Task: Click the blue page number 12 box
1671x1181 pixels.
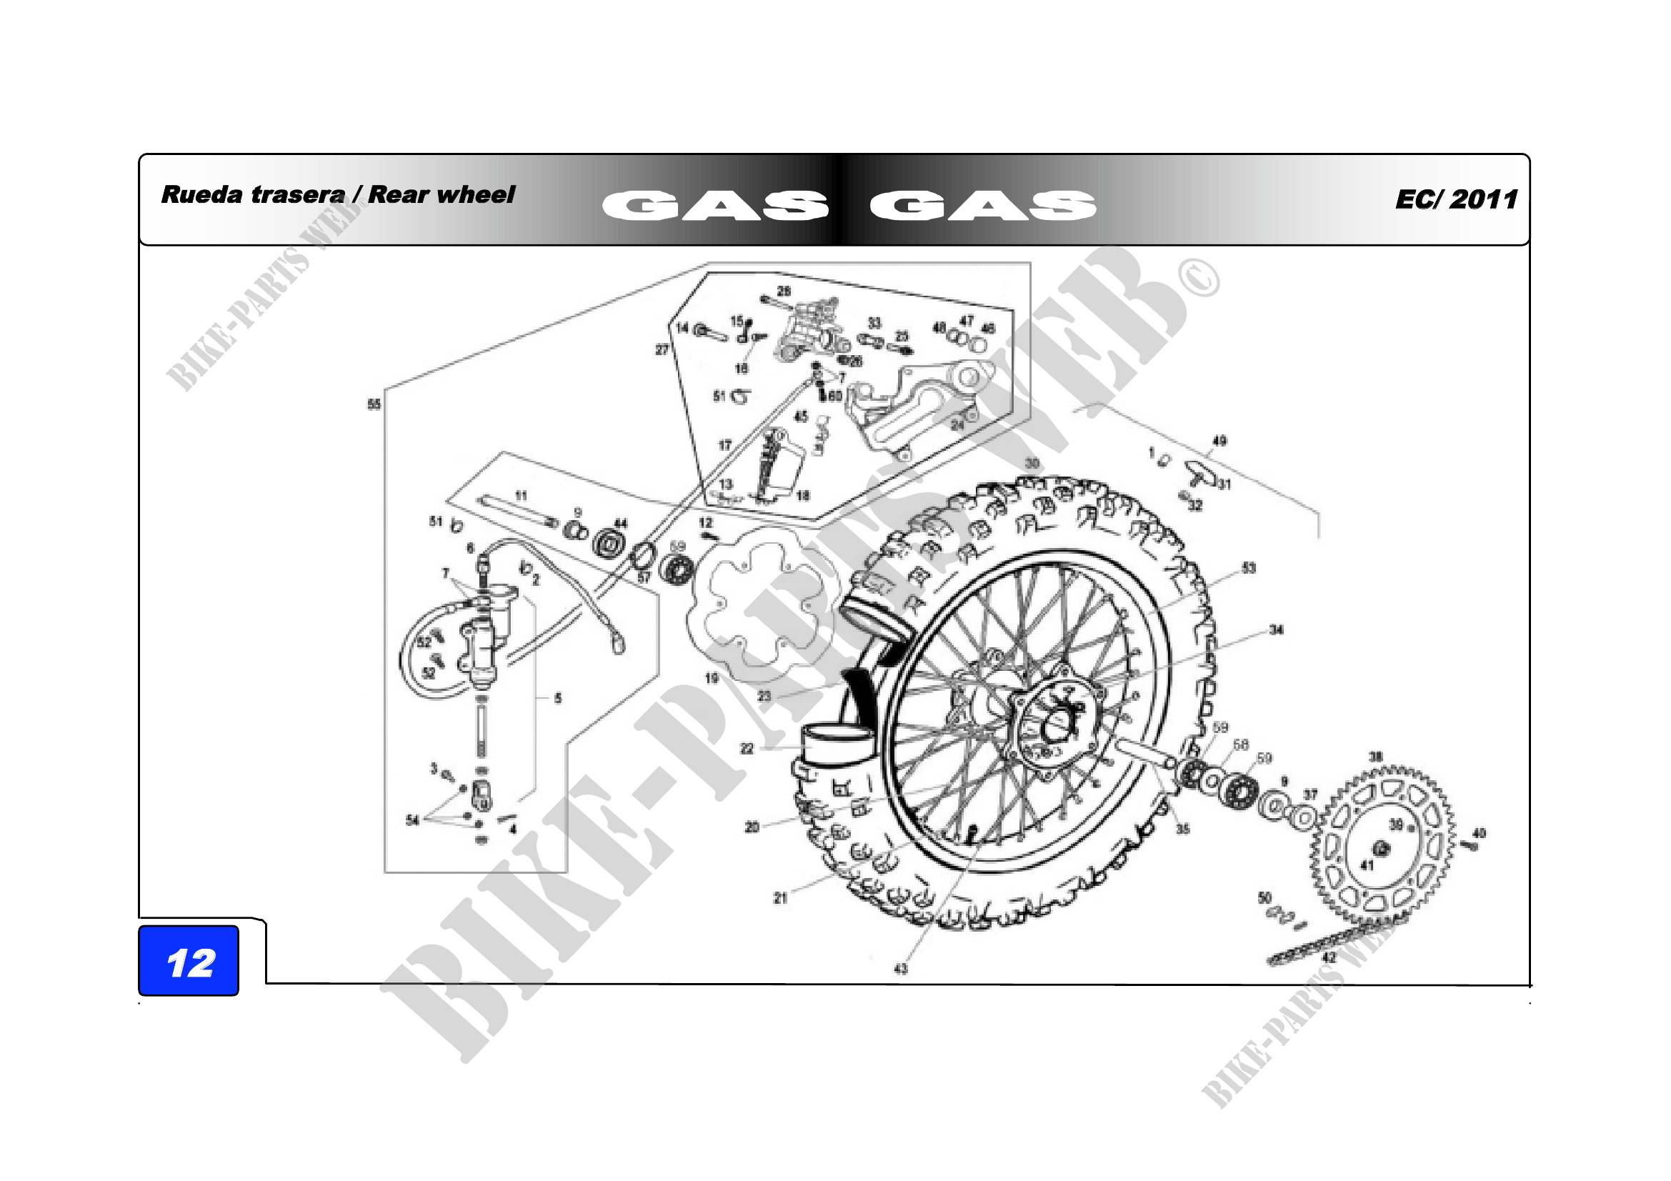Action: [189, 960]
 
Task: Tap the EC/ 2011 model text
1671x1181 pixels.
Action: [1456, 199]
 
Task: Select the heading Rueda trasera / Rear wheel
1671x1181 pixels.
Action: [338, 194]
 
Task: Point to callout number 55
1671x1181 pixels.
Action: [374, 404]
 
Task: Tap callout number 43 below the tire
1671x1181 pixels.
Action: [901, 969]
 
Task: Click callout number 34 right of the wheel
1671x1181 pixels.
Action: [1277, 629]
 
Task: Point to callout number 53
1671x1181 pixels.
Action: [1249, 567]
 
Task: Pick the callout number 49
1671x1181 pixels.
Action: [1219, 440]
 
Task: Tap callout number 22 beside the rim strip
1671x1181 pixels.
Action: [747, 748]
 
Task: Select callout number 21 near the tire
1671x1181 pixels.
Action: [780, 898]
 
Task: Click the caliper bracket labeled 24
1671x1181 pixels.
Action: [917, 407]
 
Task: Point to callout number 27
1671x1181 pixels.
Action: [662, 349]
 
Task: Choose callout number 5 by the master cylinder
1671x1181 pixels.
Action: [558, 698]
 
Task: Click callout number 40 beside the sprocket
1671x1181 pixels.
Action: [1480, 833]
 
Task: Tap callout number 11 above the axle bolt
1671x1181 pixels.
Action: [521, 496]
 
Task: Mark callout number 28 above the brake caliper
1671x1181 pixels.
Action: [784, 290]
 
